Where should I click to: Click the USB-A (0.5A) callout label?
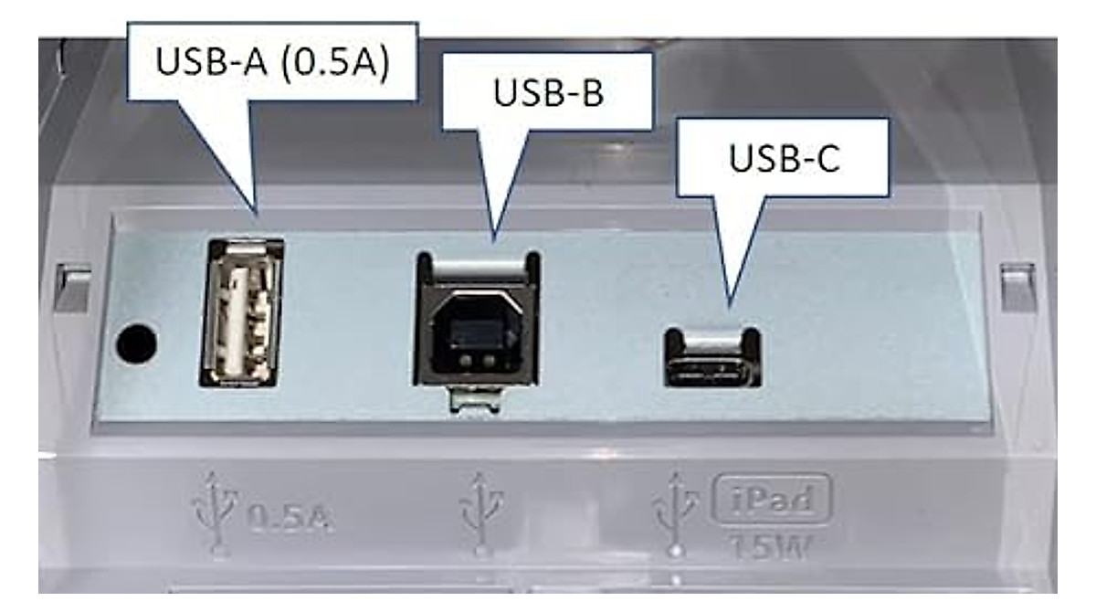click(272, 61)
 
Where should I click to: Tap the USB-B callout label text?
click(549, 92)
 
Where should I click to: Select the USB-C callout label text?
click(785, 158)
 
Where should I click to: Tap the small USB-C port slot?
click(712, 373)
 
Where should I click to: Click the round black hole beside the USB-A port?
click(136, 343)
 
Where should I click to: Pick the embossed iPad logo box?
click(772, 500)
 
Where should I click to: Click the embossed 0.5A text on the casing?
click(290, 518)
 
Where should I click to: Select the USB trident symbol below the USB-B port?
click(481, 513)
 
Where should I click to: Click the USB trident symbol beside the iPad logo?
click(675, 513)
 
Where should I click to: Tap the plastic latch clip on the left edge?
click(73, 288)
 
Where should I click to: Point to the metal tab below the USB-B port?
click(476, 400)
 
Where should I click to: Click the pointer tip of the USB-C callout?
click(730, 307)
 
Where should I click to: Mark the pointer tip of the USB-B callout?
click(494, 241)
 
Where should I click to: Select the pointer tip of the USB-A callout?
click(257, 214)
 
